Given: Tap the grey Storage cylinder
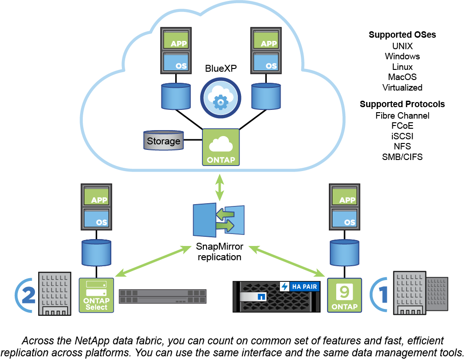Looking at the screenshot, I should click(163, 140).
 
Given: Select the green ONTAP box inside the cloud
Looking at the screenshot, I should click(221, 147).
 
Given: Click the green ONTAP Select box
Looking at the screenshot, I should click(96, 295).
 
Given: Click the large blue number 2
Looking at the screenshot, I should click(29, 295).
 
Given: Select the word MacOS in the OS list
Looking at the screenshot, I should click(402, 77).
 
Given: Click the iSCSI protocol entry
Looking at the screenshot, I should click(402, 136).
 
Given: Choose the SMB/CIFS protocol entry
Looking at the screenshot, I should click(402, 157).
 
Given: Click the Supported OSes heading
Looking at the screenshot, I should click(402, 35).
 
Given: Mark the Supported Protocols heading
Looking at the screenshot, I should click(402, 104).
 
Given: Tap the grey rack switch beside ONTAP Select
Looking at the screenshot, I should click(163, 296).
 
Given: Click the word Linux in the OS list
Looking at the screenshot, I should click(402, 67).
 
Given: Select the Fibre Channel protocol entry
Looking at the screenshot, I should click(402, 115).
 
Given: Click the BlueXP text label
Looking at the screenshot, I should click(221, 68).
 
